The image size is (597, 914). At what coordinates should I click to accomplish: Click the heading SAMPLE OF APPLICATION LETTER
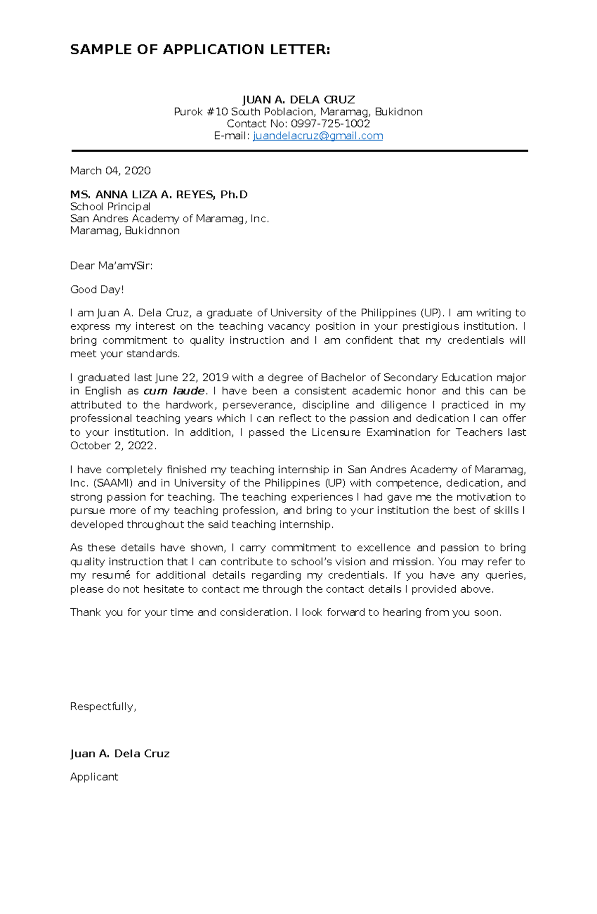point(200,50)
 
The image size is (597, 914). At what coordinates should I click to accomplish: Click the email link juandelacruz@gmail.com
point(318,136)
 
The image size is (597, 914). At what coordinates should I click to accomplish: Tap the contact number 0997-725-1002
point(330,124)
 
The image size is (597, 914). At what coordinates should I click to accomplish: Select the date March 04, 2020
point(110,171)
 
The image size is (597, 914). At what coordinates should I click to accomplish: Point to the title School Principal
point(110,207)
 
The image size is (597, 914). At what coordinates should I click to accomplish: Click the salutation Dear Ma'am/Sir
point(111,266)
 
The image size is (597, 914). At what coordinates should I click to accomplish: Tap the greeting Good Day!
point(97,289)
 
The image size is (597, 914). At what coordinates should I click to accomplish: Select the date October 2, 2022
point(113,446)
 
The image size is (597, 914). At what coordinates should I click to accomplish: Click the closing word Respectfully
point(103,707)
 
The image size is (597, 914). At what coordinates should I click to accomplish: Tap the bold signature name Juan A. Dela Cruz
point(120,754)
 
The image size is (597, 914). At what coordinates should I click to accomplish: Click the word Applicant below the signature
point(94,777)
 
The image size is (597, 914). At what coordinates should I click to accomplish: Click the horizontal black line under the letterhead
point(299,150)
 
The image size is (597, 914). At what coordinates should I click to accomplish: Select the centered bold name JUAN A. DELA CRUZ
point(298,100)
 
